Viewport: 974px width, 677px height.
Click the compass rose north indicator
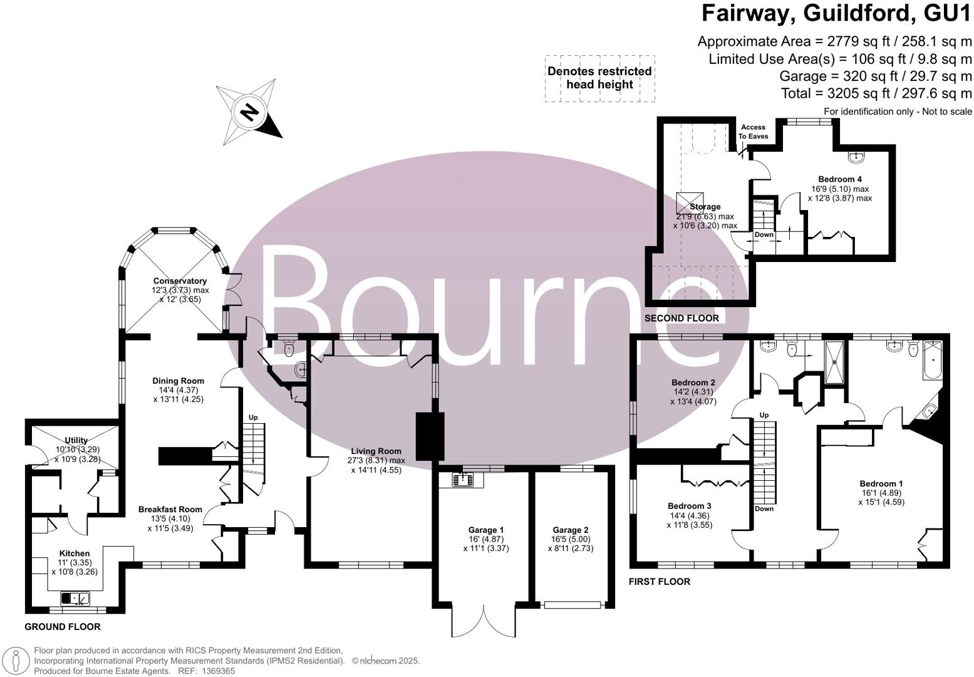(249, 113)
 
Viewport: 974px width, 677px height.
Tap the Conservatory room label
(180, 281)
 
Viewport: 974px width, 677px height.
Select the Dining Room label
(179, 380)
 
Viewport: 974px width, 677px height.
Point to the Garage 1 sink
(465, 480)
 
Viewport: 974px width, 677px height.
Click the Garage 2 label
(570, 530)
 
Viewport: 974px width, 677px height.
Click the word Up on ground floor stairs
(253, 417)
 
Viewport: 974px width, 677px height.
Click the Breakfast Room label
(170, 509)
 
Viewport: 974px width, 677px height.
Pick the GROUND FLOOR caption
(62, 627)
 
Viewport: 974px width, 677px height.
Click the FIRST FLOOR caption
(660, 582)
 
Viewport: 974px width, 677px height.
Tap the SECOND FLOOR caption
(681, 318)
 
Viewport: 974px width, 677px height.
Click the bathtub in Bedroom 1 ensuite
(932, 361)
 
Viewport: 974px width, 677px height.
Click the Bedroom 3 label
(689, 506)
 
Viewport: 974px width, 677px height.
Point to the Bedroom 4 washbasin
(856, 155)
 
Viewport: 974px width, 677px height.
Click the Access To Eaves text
(753, 132)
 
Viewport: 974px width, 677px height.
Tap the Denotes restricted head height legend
(599, 78)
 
